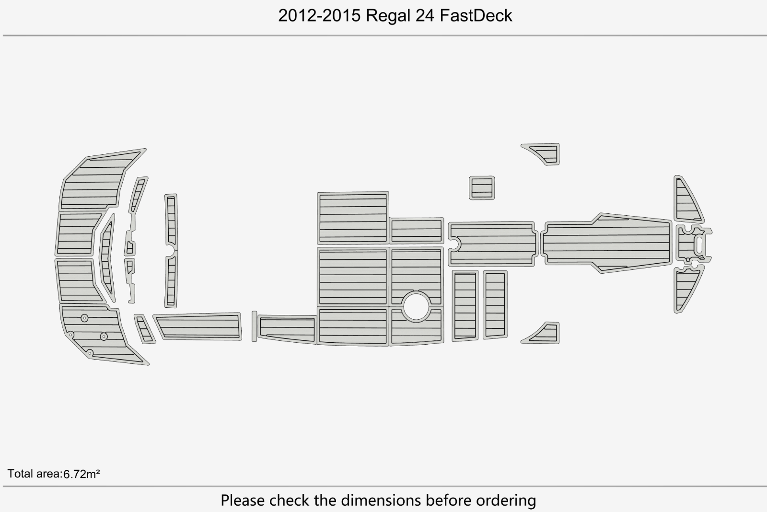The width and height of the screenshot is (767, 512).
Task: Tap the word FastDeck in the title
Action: pyautogui.click(x=476, y=16)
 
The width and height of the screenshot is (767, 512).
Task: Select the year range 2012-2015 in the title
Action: pyautogui.click(x=319, y=16)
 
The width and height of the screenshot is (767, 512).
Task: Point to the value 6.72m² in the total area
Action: pyautogui.click(x=81, y=474)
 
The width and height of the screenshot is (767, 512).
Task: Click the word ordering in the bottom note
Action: pyautogui.click(x=506, y=500)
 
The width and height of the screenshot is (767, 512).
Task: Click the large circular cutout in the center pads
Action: pyautogui.click(x=417, y=306)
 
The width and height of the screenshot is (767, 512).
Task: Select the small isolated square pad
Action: pyautogui.click(x=482, y=188)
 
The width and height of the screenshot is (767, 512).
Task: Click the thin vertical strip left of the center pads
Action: pyautogui.click(x=254, y=326)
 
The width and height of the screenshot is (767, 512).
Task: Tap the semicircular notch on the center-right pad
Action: pyautogui.click(x=455, y=244)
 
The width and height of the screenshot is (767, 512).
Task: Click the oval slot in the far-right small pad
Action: pyautogui.click(x=699, y=244)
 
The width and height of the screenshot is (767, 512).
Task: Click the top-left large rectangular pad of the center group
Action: pyautogui.click(x=353, y=218)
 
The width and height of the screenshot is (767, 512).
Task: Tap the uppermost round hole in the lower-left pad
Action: pyautogui.click(x=84, y=318)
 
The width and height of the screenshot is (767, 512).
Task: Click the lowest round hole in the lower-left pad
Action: pyautogui.click(x=90, y=352)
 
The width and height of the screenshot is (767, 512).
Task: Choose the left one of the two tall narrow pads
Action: pyautogui.click(x=465, y=306)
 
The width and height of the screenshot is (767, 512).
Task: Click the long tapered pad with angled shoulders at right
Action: pyautogui.click(x=606, y=243)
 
